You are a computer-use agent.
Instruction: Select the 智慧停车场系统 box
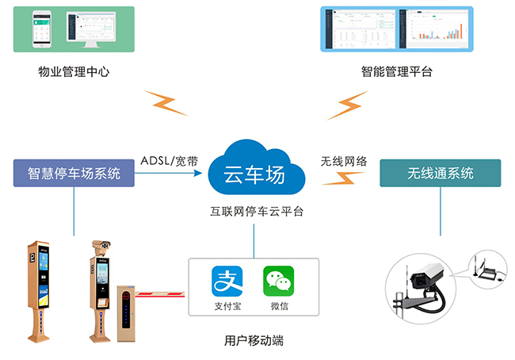click(x=74, y=173)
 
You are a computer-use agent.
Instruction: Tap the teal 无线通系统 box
click(x=440, y=173)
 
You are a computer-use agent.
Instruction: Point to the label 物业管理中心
click(x=74, y=73)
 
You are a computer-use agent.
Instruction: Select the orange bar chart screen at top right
click(x=438, y=29)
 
